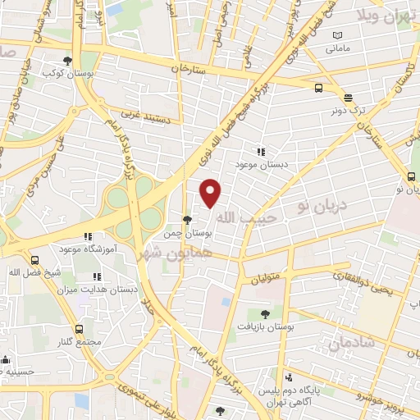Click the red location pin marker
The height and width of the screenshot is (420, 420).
pyautogui.click(x=211, y=193)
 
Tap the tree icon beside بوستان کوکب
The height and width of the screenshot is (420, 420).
pyautogui.click(x=67, y=60)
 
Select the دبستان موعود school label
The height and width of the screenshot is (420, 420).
pyautogui.click(x=260, y=165)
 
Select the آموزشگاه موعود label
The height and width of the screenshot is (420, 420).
pyautogui.click(x=88, y=248)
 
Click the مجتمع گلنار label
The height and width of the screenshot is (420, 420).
pyautogui.click(x=80, y=342)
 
